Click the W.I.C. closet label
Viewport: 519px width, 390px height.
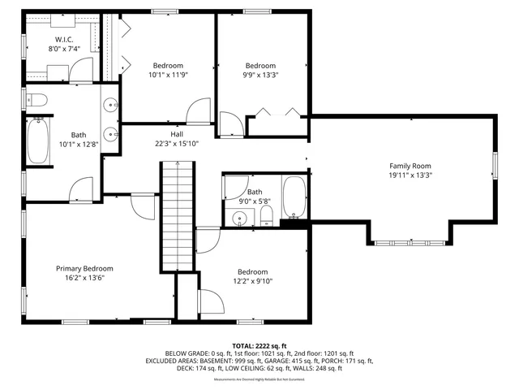(x=65, y=39)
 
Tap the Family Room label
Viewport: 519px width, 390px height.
(x=410, y=165)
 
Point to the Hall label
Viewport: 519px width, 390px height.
(x=176, y=134)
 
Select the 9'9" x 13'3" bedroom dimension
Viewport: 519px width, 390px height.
(x=261, y=76)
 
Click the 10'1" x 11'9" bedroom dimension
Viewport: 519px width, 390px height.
(x=167, y=76)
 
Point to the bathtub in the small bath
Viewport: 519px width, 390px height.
(x=294, y=197)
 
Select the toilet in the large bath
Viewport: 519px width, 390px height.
(x=36, y=100)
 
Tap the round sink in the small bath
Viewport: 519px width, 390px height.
(x=238, y=218)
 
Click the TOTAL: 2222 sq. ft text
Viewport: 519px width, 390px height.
(x=259, y=345)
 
